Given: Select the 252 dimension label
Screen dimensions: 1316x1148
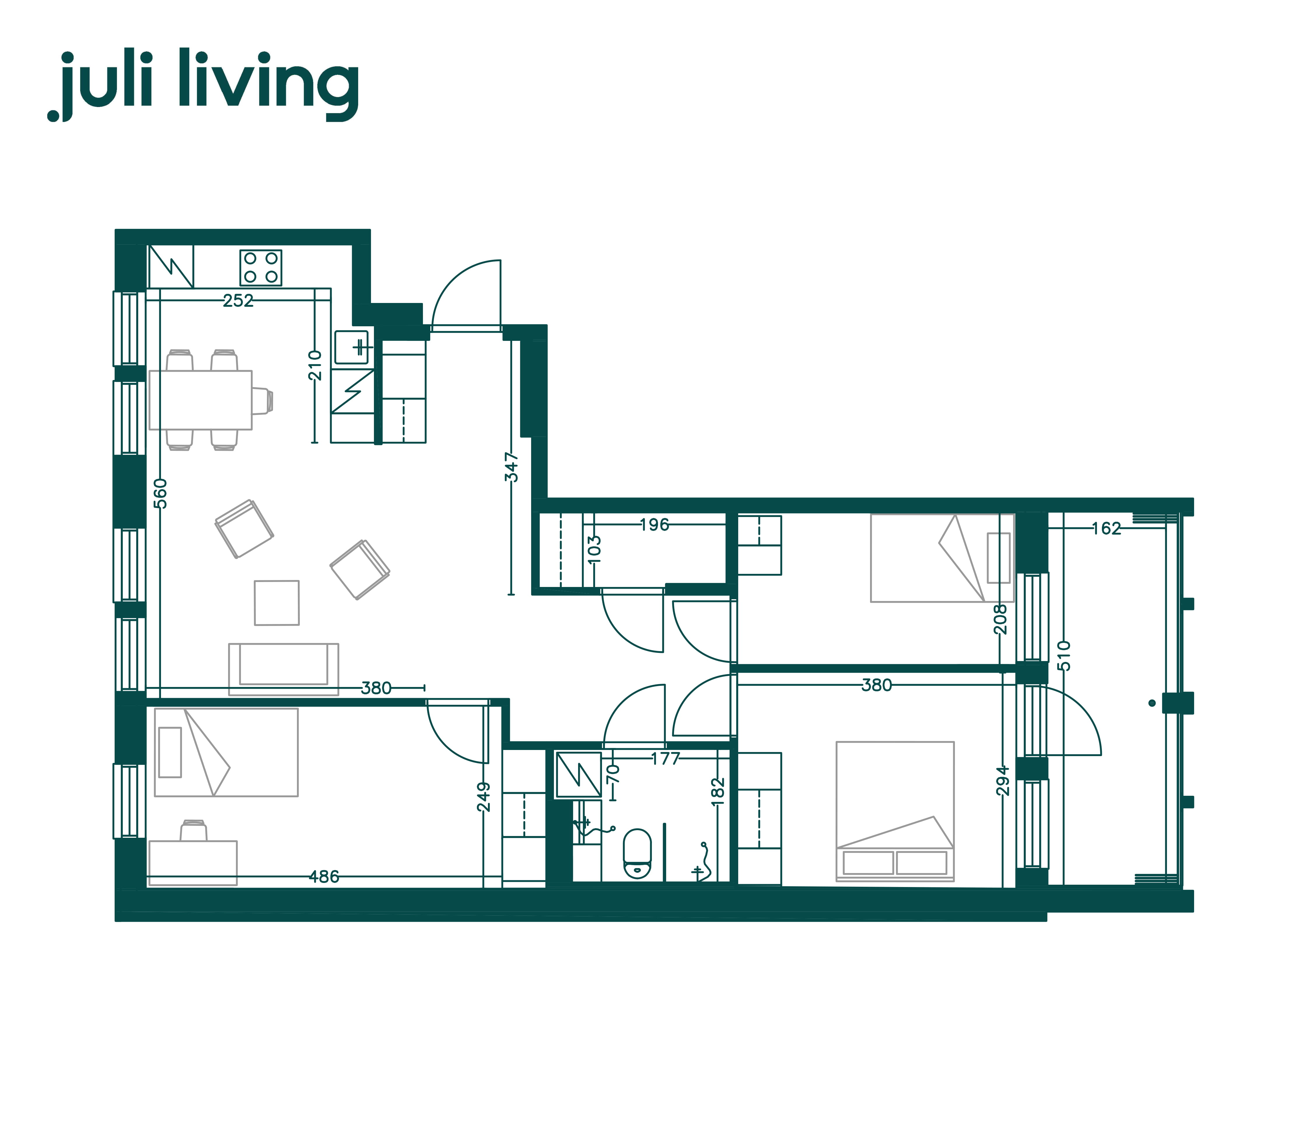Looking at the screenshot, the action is [x=238, y=300].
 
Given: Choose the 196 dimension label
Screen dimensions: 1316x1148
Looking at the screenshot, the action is [x=654, y=525].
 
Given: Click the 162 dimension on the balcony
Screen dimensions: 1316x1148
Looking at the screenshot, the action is [x=1107, y=529].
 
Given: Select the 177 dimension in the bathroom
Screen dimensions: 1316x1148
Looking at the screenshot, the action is [x=665, y=759].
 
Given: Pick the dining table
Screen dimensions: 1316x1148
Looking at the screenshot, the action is [x=201, y=400].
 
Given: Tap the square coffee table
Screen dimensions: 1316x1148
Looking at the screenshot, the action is [x=277, y=603].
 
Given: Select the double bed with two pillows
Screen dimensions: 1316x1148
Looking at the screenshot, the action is [x=895, y=811].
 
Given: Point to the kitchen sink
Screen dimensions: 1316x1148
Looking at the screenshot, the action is [x=352, y=347].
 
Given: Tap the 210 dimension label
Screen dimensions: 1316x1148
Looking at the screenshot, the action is [x=315, y=365].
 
